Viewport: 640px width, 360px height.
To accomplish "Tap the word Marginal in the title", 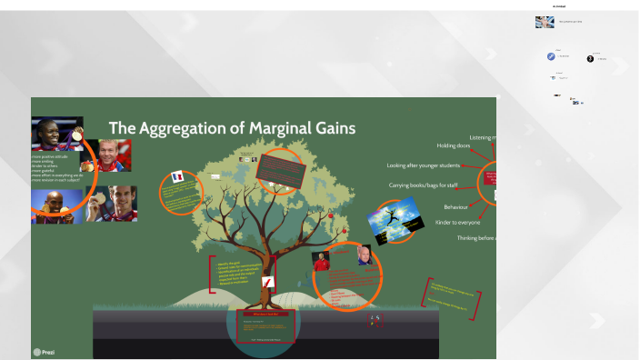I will pos(278,128).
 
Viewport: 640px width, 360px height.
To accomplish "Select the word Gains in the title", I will pos(334,128).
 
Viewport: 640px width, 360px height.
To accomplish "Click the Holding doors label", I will pos(454,145).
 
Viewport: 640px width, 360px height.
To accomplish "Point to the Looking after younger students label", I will pos(423,165).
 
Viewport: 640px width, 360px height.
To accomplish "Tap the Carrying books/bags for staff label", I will pos(423,185).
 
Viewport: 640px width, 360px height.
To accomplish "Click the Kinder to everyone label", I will pos(457,222).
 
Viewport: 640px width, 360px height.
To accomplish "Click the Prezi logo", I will pos(43,351).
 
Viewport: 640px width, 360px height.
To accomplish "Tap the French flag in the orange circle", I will pos(177,177).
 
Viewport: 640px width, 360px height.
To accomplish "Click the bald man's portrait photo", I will pos(364,255).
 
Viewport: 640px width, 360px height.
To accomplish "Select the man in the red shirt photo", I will pos(321,262).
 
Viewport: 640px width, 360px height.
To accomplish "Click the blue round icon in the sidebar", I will pos(551,56).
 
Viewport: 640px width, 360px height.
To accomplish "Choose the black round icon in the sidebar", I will pos(590,59).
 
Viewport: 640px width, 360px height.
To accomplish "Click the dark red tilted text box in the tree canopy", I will pos(279,168).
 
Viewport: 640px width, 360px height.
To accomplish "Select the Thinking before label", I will pos(476,238).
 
